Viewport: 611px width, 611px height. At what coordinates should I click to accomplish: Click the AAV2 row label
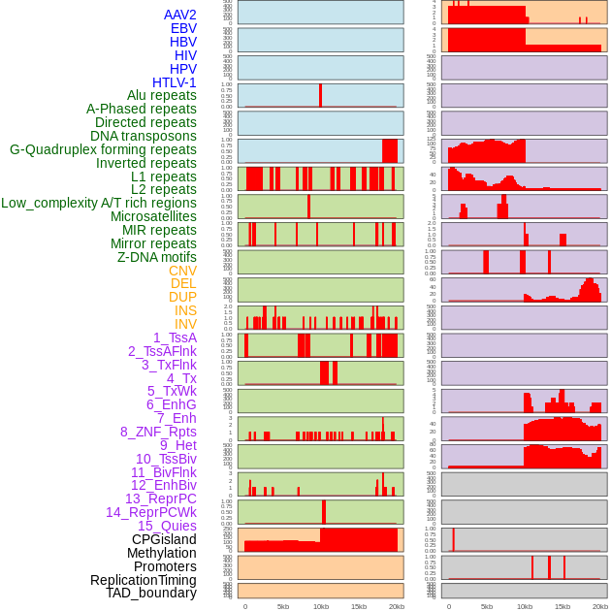click(x=179, y=15)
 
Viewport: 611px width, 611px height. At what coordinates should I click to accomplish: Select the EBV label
click(x=182, y=28)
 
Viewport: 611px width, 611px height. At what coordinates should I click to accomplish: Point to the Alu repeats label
click(x=161, y=95)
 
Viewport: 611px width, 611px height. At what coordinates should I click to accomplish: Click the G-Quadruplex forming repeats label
click(x=103, y=149)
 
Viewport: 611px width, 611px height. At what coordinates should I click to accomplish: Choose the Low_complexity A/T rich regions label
click(x=98, y=203)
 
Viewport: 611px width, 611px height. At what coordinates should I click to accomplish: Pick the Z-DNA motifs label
click(x=156, y=257)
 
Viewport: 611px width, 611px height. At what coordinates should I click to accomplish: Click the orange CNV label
click(x=182, y=271)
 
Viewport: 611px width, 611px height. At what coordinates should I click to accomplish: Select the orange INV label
click(x=184, y=324)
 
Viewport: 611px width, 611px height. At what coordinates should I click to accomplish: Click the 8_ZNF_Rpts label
click(x=158, y=432)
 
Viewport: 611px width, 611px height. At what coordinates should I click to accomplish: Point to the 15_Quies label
click(x=166, y=526)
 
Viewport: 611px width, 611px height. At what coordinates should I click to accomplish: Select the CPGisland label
click(x=164, y=539)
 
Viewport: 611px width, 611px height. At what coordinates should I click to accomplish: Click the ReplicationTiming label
click(x=143, y=580)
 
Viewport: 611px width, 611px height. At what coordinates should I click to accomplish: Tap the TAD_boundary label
click(x=150, y=593)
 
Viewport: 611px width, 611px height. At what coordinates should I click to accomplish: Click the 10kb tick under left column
click(x=320, y=606)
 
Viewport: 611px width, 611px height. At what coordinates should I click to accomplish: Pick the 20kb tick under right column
click(x=600, y=606)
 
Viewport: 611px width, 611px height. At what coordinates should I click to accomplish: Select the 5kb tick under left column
click(x=282, y=606)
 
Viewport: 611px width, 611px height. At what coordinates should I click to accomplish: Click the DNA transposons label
click(x=143, y=136)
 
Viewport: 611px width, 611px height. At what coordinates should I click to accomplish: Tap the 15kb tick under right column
click(x=562, y=606)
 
